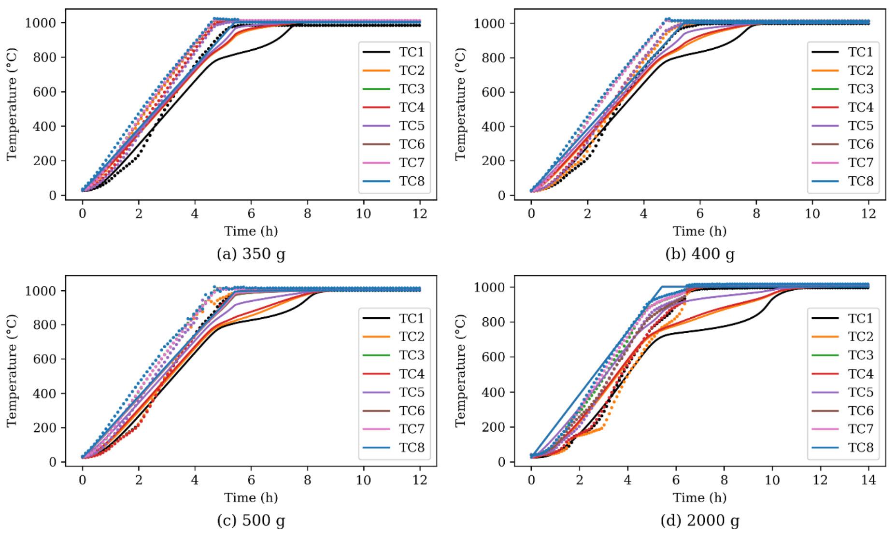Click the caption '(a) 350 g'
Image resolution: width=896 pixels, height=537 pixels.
[251, 254]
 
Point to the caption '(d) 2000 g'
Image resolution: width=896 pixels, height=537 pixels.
[700, 521]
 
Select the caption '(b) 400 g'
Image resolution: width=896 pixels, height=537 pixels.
[700, 254]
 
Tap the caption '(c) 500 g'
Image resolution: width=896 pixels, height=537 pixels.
[251, 521]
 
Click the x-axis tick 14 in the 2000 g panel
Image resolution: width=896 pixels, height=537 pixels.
[868, 481]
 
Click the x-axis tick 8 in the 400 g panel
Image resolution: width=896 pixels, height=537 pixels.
[756, 213]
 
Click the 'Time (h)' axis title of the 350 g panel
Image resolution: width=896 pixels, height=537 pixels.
[251, 231]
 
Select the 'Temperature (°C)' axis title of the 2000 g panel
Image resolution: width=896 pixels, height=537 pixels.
[461, 371]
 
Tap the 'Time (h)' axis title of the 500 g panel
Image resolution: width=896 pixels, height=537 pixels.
[251, 497]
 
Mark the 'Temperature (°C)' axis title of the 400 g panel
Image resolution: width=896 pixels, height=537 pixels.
[461, 104]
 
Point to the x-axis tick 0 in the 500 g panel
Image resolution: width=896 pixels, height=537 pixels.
[83, 480]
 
